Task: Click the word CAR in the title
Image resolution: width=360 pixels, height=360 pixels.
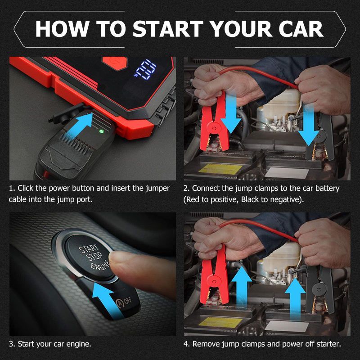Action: pyautogui.click(x=301, y=29)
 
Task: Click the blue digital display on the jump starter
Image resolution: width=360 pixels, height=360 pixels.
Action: pyautogui.click(x=145, y=70)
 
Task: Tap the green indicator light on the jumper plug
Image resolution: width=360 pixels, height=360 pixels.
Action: pyautogui.click(x=101, y=131)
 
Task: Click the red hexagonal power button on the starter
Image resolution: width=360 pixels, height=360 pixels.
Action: pyautogui.click(x=115, y=63)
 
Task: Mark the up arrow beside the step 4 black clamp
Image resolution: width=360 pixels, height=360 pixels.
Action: pyautogui.click(x=295, y=298)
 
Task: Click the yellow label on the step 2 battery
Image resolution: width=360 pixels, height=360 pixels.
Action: pyautogui.click(x=220, y=169)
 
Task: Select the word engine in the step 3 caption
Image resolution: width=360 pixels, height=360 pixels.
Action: pyautogui.click(x=79, y=344)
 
